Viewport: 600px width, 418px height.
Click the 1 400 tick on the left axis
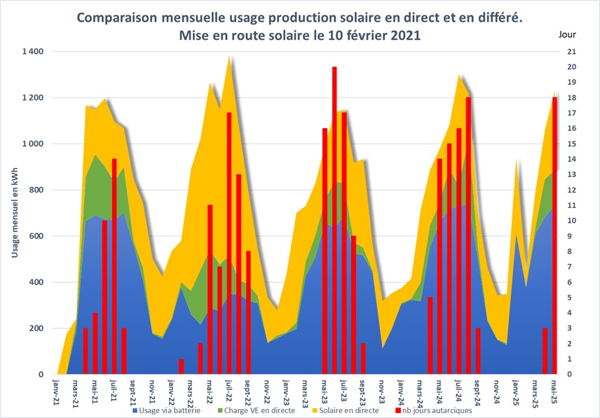[x=32, y=52]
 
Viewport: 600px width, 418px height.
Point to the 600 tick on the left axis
[x=36, y=237]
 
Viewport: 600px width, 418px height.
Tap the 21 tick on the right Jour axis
[x=571, y=52]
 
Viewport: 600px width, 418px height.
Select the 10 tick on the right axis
[x=571, y=221]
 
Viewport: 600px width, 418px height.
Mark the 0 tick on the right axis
[x=568, y=375]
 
